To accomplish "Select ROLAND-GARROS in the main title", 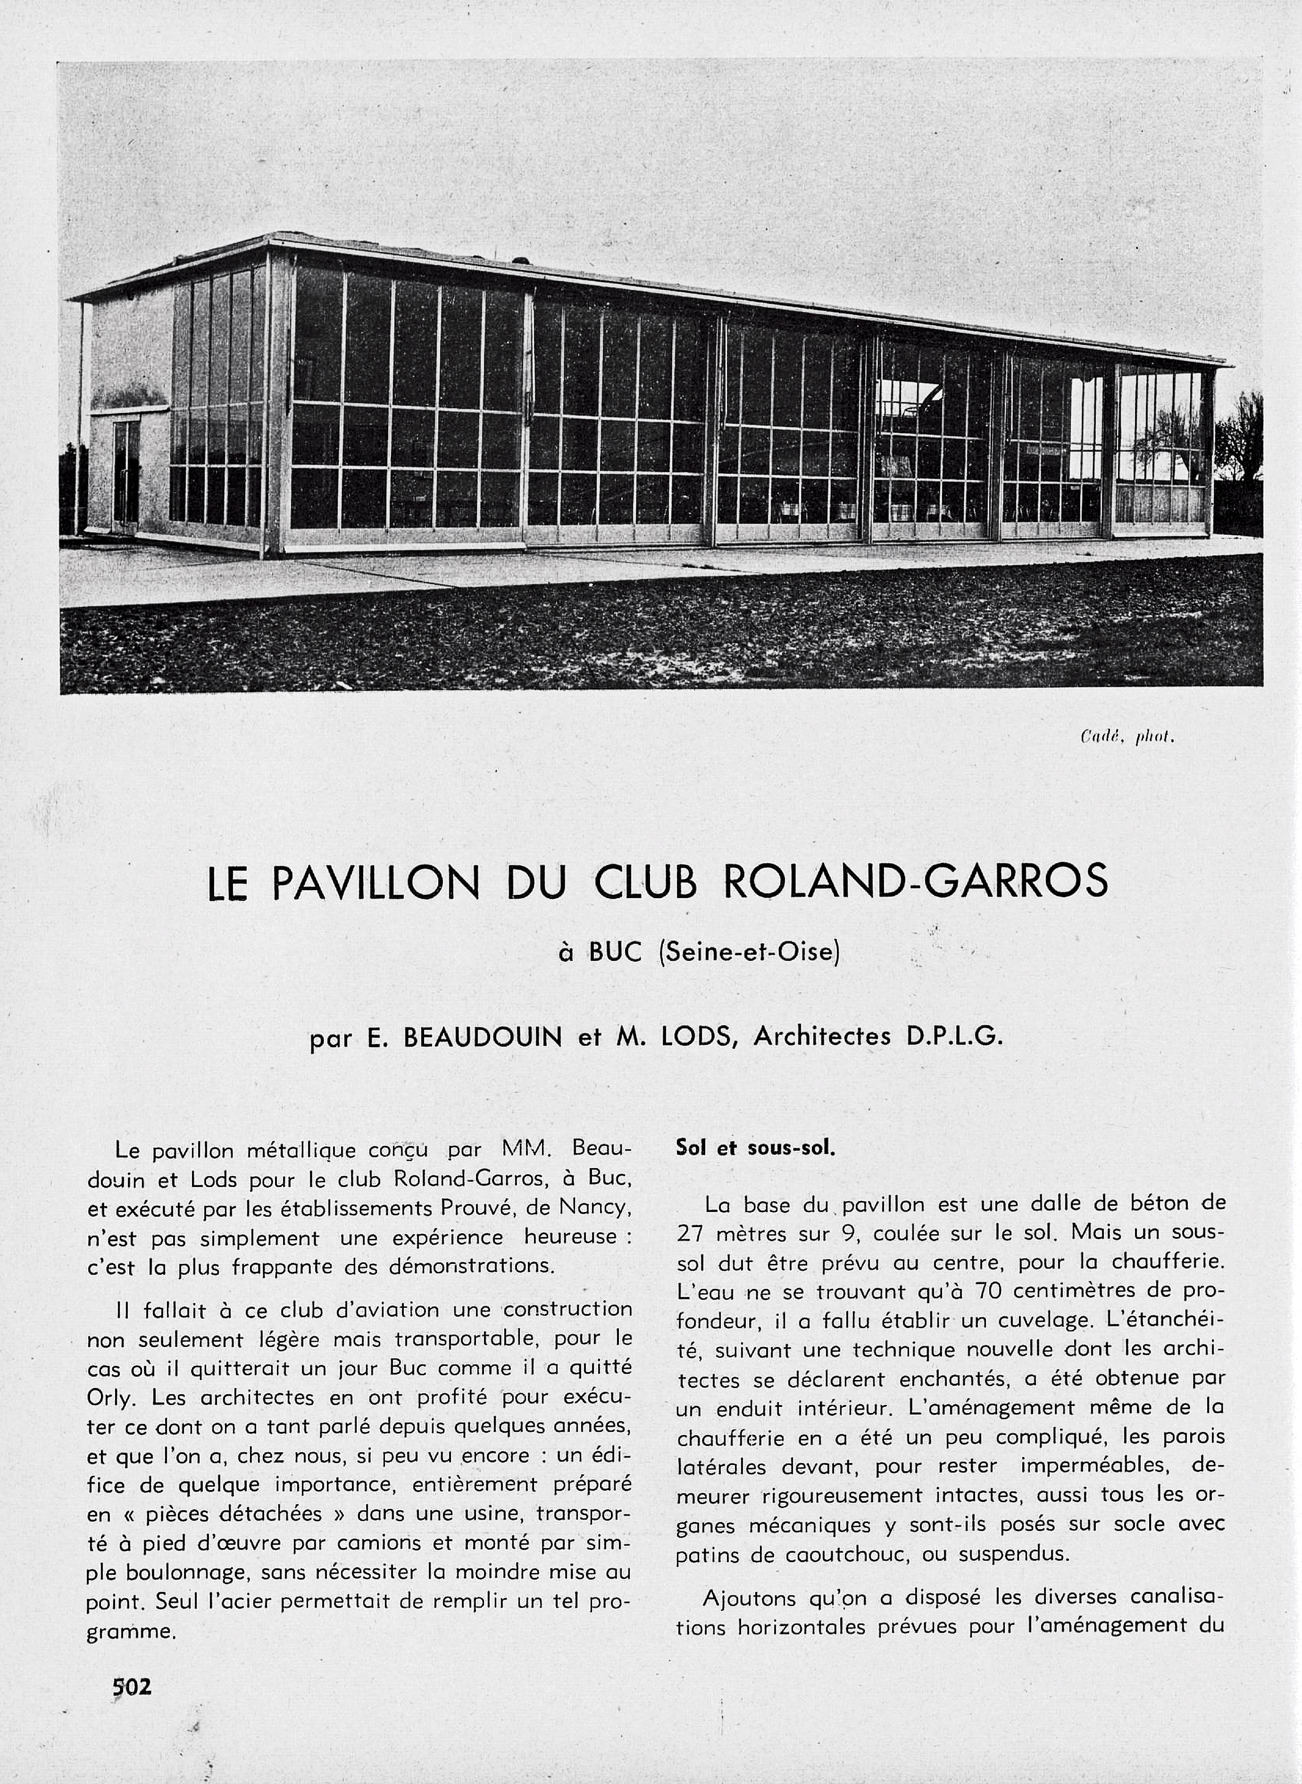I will tap(914, 882).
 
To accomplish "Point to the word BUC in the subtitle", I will tap(611, 952).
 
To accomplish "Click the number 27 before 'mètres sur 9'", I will tap(691, 1233).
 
